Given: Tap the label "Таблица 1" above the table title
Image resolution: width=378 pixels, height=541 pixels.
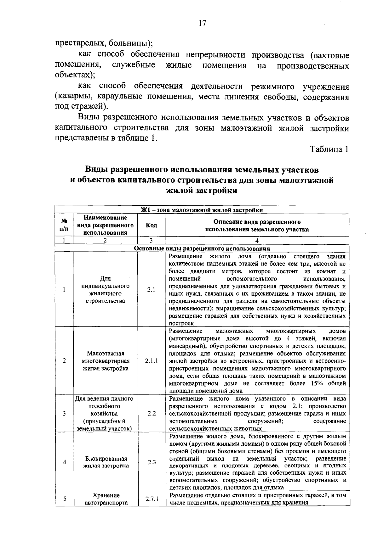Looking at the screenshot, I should pyautogui.click(x=329, y=149).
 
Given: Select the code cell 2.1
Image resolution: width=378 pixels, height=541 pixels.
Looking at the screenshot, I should pyautogui.click(x=151, y=290).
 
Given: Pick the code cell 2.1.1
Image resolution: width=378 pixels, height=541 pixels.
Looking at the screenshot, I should pyautogui.click(x=152, y=361).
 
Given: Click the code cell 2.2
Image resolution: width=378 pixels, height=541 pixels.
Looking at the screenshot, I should pyautogui.click(x=152, y=413).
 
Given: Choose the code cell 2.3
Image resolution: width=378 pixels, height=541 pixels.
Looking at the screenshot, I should pyautogui.click(x=152, y=462).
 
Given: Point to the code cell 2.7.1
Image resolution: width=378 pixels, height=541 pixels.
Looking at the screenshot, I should pyautogui.click(x=152, y=499).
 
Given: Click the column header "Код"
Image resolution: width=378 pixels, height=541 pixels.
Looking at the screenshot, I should pyautogui.click(x=151, y=225).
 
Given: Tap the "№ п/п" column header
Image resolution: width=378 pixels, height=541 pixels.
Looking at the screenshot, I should pyautogui.click(x=64, y=225).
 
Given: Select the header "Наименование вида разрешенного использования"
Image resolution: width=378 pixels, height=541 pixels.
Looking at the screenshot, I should pyautogui.click(x=105, y=225).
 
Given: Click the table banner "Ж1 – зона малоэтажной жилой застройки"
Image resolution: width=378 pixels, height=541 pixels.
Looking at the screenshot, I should pyautogui.click(x=202, y=210).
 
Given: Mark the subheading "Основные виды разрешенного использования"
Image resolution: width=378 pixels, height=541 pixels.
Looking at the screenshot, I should pyautogui.click(x=202, y=249).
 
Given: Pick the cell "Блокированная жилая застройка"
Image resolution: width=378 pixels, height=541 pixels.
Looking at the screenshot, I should pyautogui.click(x=106, y=462).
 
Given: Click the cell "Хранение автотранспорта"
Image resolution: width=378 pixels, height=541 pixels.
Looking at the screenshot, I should pyautogui.click(x=106, y=499).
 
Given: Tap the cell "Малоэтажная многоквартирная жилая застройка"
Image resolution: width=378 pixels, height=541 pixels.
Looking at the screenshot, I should pyautogui.click(x=106, y=361).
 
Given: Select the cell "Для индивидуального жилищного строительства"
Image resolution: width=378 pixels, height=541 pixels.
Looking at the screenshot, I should pyautogui.click(x=105, y=290).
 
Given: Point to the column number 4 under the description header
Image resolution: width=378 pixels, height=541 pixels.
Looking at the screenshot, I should pyautogui.click(x=257, y=241).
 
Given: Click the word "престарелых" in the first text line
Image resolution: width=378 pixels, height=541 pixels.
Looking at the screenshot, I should pyautogui.click(x=75, y=42).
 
